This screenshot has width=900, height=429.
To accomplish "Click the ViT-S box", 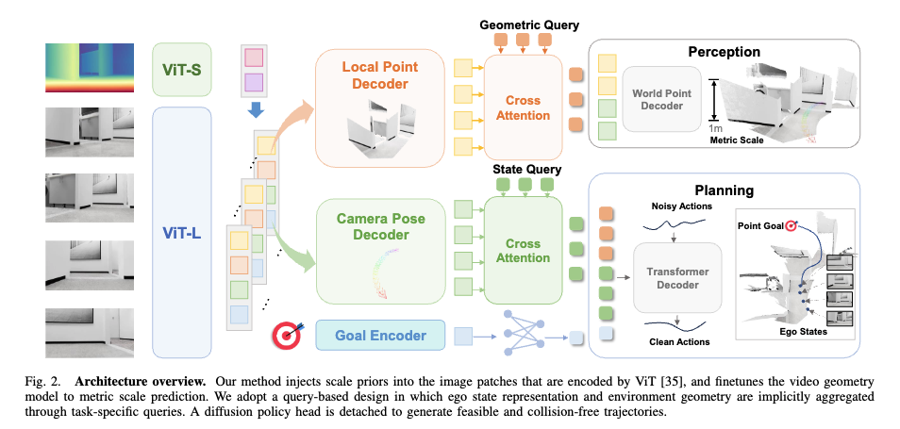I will point(182,68).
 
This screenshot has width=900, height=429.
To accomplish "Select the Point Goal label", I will point(761,225).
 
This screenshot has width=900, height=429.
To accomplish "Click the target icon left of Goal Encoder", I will point(286,335).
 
